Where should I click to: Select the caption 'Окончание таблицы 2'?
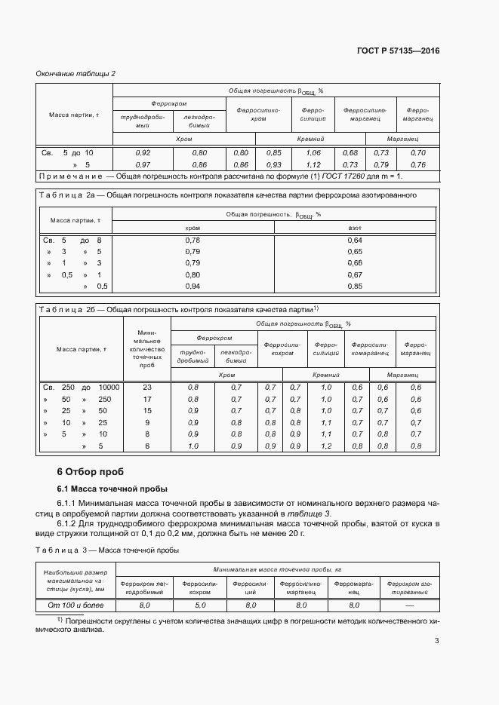[75, 73]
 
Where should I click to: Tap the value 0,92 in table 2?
[142, 153]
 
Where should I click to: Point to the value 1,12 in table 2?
[313, 164]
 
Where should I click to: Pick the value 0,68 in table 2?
[350, 153]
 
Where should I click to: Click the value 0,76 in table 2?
[417, 164]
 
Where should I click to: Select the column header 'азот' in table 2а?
[355, 227]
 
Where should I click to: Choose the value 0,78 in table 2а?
[193, 240]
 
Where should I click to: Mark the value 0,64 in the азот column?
[355, 240]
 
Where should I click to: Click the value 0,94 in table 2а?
[193, 286]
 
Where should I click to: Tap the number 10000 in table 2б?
[109, 387]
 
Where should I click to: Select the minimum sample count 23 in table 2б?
[147, 387]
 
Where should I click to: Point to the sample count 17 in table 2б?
[147, 399]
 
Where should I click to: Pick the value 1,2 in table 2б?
[326, 446]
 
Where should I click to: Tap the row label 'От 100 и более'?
[71, 605]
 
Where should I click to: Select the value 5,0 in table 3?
[200, 605]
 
